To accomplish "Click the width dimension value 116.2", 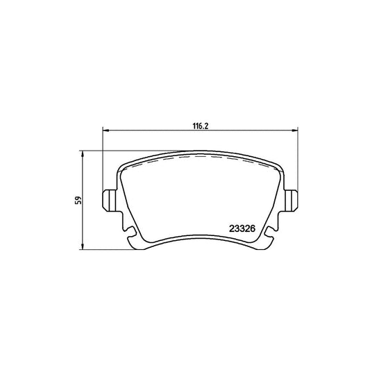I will click(x=200, y=124).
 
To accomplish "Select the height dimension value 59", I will click(x=80, y=200).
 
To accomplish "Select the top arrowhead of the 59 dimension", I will click(x=83, y=152).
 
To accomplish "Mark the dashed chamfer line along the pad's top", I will click(x=200, y=159).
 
